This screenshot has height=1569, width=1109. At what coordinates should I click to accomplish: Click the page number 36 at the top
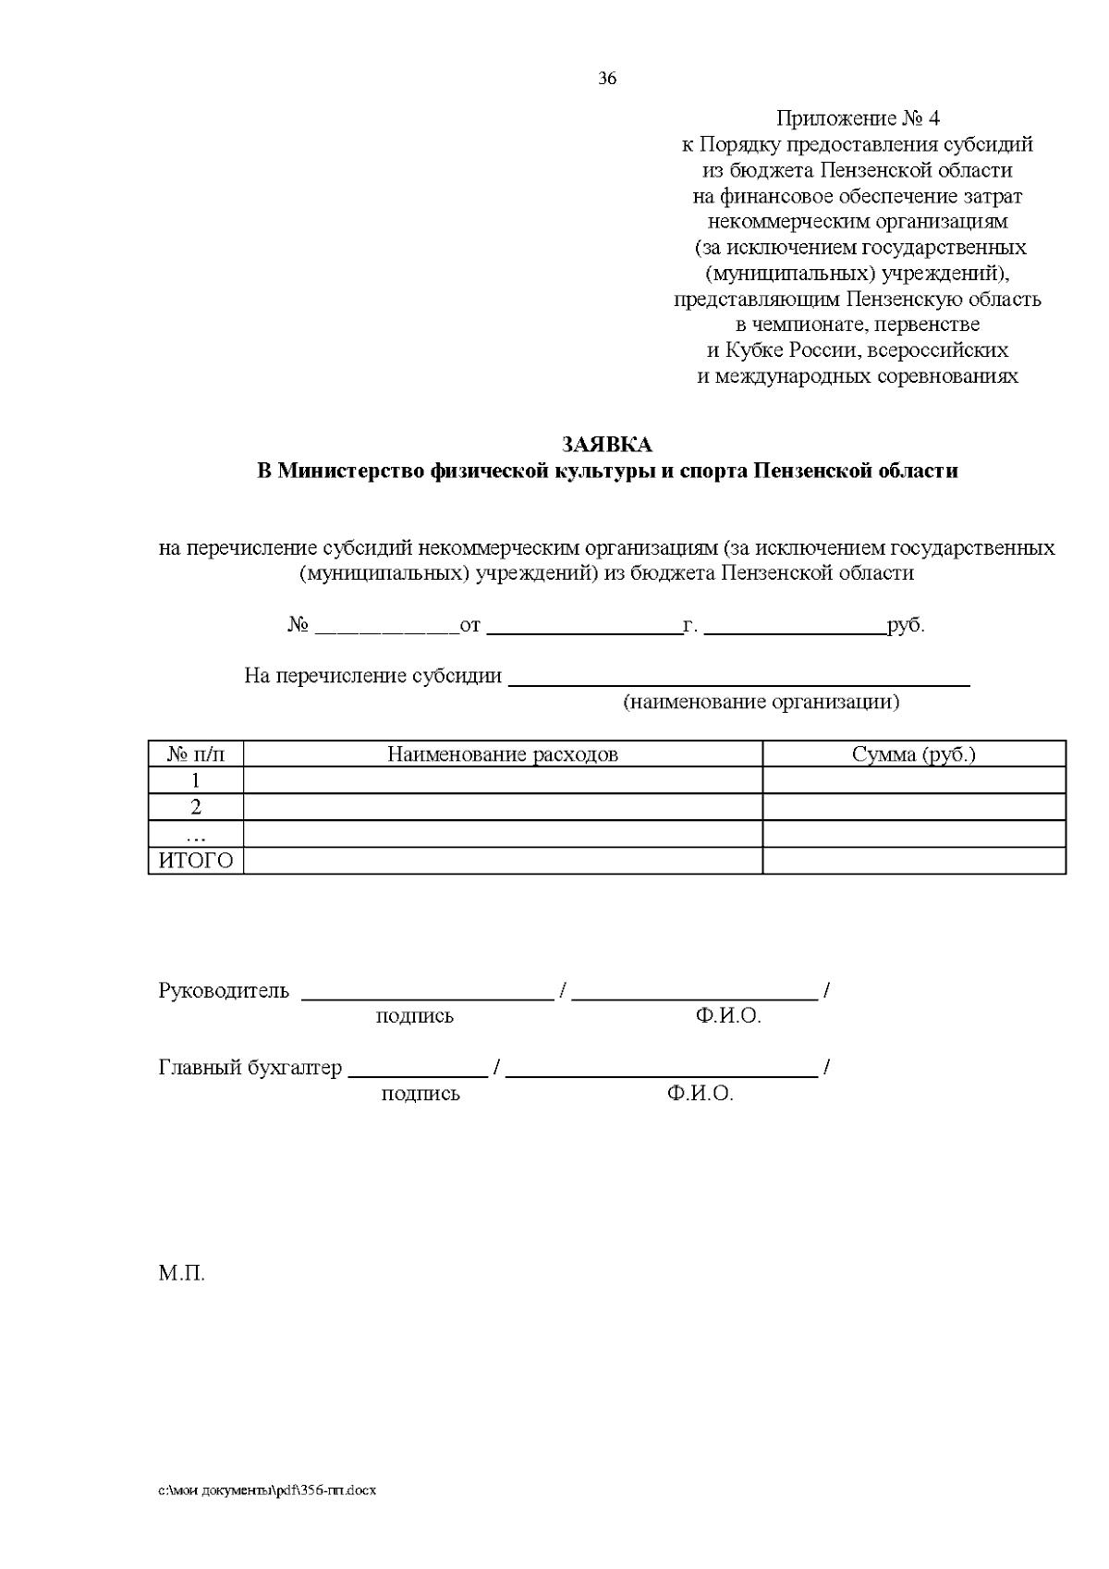click(607, 79)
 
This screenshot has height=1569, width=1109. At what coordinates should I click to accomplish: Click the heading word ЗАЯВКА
click(607, 446)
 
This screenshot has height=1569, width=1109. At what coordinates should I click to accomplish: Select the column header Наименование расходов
click(502, 754)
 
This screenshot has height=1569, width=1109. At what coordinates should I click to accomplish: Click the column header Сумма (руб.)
click(913, 754)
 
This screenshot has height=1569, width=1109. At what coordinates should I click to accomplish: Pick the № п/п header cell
click(195, 754)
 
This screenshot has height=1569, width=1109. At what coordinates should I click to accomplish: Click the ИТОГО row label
click(196, 862)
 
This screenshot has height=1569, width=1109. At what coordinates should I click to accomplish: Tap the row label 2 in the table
click(196, 807)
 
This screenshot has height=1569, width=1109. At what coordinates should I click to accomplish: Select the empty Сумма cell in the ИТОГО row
click(913, 862)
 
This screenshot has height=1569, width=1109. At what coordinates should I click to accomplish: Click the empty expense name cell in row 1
click(502, 781)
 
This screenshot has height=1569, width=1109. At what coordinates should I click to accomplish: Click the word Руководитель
click(224, 991)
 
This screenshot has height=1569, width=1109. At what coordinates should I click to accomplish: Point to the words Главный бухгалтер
click(250, 1068)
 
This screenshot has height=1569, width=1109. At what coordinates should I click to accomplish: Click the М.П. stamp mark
click(181, 1274)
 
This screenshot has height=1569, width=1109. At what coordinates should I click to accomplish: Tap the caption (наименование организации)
click(761, 702)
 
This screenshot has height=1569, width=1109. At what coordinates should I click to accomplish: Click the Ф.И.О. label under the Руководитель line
click(728, 1017)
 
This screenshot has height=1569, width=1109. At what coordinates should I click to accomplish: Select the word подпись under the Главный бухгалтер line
click(420, 1095)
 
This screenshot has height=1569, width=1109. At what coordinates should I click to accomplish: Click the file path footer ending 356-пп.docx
click(267, 1491)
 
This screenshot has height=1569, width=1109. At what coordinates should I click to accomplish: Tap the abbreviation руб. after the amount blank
click(906, 626)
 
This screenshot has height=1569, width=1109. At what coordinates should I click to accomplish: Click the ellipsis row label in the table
click(196, 835)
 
